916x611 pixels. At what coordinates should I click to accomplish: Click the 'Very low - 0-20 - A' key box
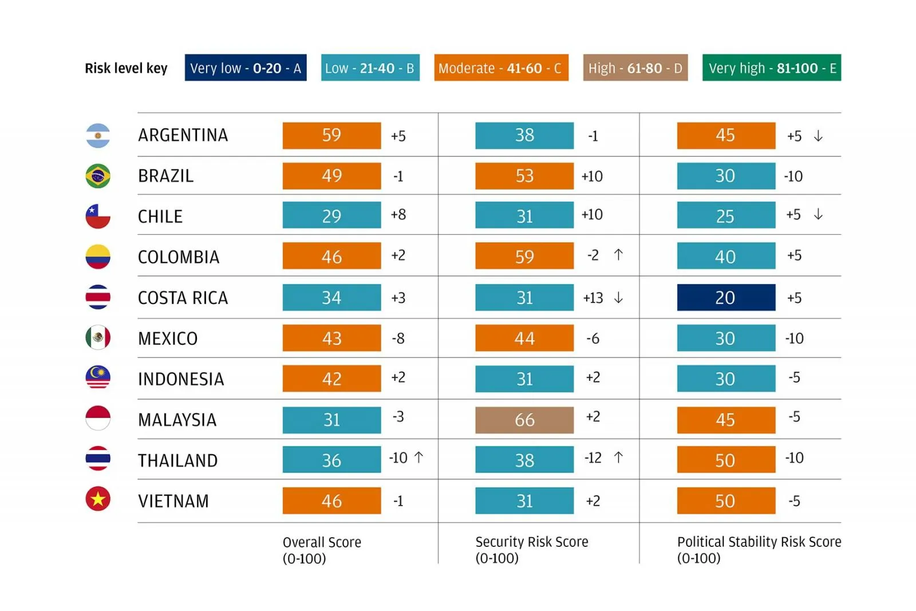click(x=245, y=68)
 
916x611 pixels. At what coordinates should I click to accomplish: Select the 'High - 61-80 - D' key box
click(x=635, y=68)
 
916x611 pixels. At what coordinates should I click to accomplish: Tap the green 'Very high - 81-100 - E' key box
click(x=771, y=68)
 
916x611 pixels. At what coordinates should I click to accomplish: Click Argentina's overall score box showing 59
click(x=331, y=136)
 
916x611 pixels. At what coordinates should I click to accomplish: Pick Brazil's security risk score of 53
click(x=524, y=176)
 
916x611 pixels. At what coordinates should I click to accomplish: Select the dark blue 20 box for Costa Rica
click(x=725, y=298)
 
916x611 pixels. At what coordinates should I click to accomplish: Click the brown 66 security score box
click(x=524, y=420)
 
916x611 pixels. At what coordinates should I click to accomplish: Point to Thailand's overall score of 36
click(x=331, y=460)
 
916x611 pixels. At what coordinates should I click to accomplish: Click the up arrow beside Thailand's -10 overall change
click(x=419, y=458)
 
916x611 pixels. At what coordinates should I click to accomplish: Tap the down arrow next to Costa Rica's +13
click(x=618, y=298)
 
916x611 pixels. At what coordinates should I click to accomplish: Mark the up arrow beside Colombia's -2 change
click(x=618, y=255)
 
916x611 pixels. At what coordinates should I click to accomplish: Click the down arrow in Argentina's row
click(x=818, y=136)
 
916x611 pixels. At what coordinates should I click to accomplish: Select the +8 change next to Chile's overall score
click(x=398, y=215)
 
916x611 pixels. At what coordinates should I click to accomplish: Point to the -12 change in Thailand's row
click(x=593, y=458)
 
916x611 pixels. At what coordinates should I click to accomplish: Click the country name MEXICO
click(x=168, y=338)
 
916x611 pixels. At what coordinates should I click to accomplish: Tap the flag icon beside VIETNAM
click(x=98, y=499)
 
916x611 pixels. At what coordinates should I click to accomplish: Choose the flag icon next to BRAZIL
click(x=98, y=176)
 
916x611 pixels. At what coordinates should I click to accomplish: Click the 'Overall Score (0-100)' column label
click(x=322, y=550)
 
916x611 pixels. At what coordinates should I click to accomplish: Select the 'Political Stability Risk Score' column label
click(x=759, y=542)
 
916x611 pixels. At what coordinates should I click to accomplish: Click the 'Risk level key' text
click(x=126, y=68)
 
